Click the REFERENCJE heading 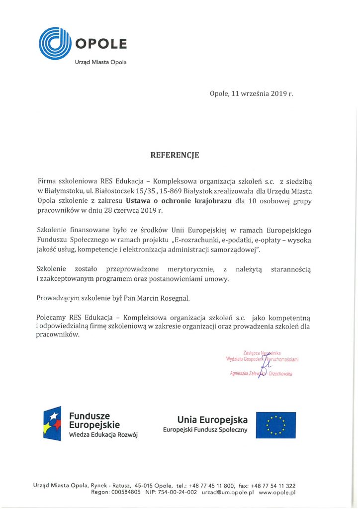175,155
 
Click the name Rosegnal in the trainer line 175,298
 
